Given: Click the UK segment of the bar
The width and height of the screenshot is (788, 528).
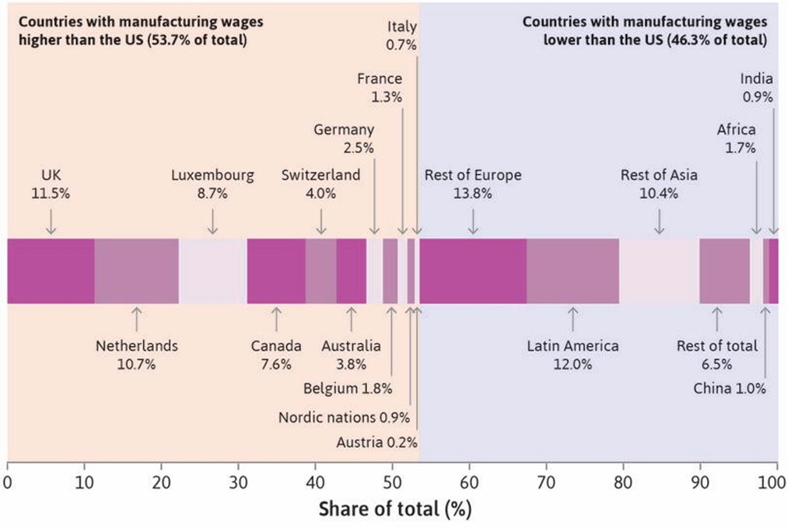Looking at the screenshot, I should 51,271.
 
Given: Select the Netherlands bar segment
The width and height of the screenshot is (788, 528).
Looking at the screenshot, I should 136,271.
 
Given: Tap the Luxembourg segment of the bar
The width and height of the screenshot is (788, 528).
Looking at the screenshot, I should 212,271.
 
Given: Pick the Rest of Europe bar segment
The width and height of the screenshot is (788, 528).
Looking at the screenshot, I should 473,271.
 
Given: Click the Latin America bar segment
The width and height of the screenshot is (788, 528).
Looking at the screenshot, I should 573,271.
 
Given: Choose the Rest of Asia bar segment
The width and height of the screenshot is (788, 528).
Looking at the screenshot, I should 659,271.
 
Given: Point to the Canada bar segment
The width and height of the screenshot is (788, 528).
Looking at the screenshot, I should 275,271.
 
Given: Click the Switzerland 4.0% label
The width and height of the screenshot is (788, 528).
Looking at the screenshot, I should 321,184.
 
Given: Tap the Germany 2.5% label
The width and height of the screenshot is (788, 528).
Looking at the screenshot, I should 344,138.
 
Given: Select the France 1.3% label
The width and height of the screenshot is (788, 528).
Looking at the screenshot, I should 380,87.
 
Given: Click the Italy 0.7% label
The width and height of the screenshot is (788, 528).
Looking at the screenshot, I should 402,37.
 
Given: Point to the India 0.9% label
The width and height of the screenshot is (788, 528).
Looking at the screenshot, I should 756,87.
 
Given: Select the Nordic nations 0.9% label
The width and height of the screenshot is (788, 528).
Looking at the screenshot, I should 344,417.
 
